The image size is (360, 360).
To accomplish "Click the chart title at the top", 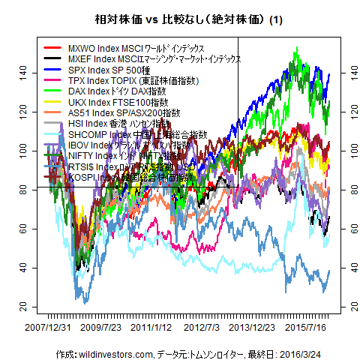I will tap(179, 20).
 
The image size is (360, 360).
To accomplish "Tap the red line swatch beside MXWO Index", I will tap(53, 47).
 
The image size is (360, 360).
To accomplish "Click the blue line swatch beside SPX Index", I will tap(53, 69).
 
